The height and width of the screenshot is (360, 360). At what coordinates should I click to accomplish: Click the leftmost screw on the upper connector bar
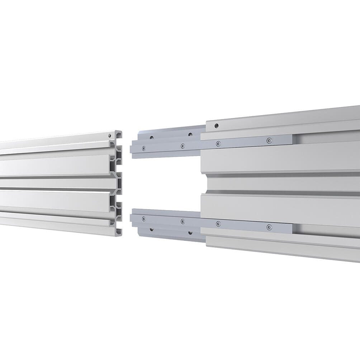[x=144, y=148]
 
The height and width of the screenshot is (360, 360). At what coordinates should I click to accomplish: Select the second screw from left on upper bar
[x=183, y=146]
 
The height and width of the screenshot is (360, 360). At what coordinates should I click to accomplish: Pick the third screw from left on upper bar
[x=218, y=144]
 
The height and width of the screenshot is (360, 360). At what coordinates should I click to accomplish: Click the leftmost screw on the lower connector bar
[x=144, y=218]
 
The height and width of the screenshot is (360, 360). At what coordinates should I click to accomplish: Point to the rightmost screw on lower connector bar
[x=269, y=227]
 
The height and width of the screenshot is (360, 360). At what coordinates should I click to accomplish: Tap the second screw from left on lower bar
[x=183, y=221]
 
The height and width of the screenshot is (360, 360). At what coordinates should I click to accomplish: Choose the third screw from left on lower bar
[x=218, y=224]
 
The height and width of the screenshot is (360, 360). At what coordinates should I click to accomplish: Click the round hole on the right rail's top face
[x=216, y=126]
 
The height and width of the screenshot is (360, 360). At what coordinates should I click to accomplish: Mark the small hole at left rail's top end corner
[x=109, y=136]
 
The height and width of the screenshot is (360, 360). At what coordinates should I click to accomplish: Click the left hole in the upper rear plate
[x=152, y=137]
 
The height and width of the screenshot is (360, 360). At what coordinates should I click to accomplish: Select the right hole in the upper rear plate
[x=190, y=135]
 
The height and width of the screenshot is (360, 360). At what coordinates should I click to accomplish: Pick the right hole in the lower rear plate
[x=190, y=232]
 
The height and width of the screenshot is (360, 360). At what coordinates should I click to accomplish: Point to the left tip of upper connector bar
[x=131, y=148]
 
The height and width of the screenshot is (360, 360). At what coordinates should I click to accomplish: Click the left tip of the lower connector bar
[x=131, y=218]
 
